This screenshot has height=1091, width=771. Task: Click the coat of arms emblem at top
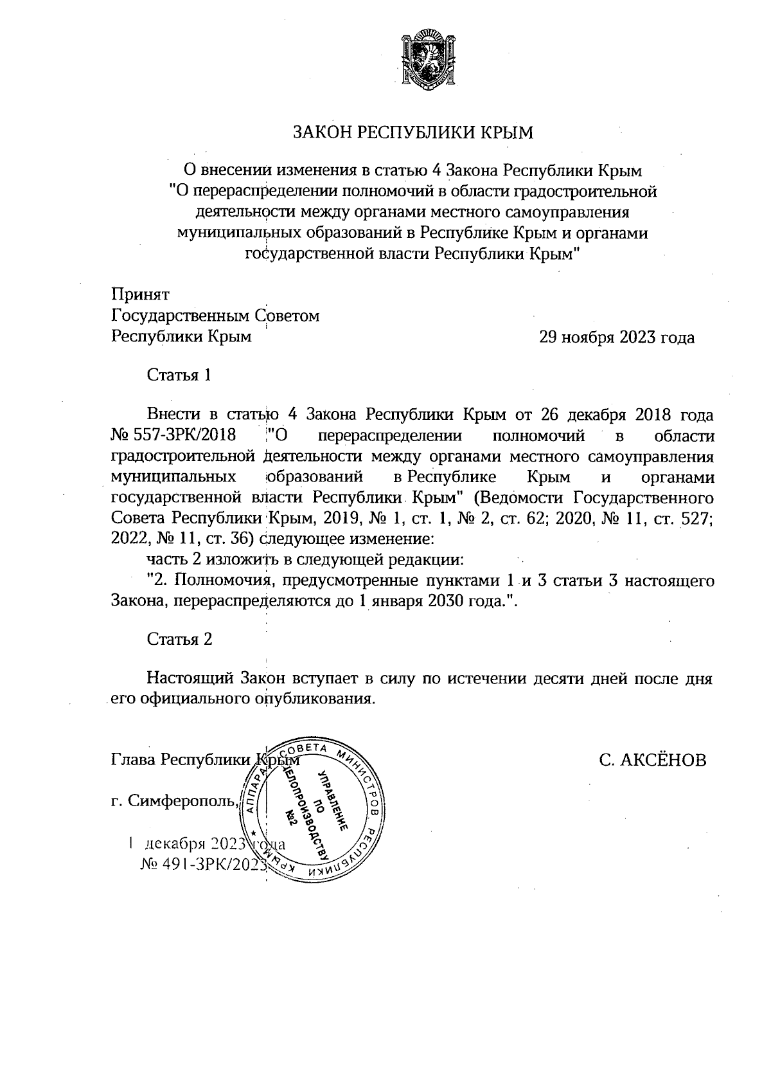point(424,57)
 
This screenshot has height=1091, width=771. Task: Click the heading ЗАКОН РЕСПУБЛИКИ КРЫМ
point(413,133)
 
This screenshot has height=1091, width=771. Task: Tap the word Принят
point(140,294)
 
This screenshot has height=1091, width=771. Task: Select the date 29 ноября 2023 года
point(617,338)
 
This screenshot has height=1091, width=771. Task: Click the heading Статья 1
point(179,375)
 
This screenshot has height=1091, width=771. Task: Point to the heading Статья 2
point(179,639)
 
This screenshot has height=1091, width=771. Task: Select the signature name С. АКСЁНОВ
point(652,760)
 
